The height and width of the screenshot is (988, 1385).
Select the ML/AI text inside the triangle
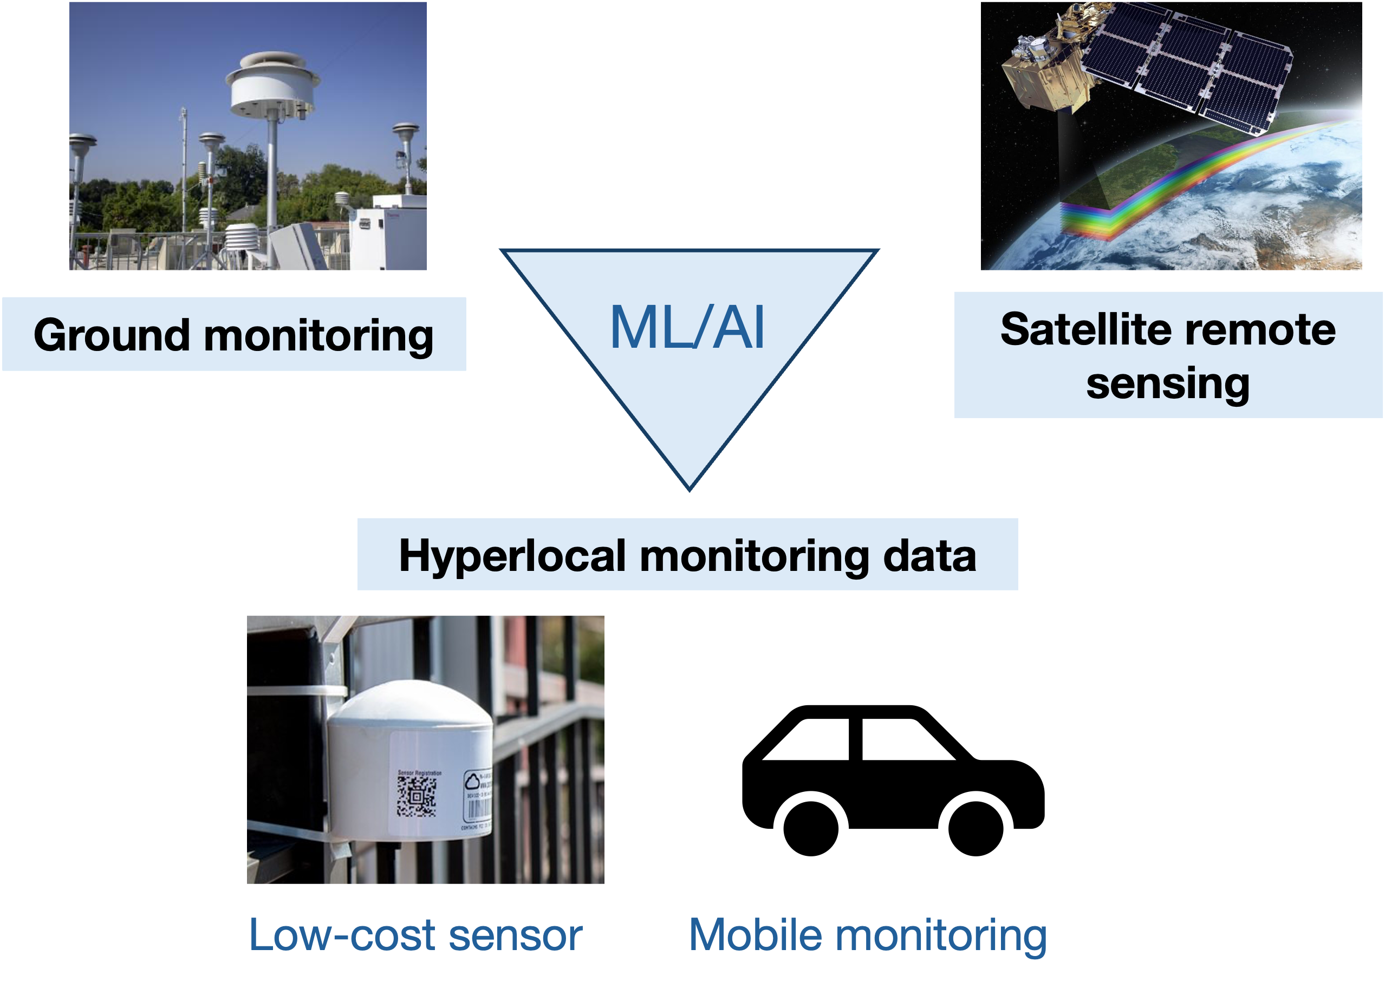coord(687,329)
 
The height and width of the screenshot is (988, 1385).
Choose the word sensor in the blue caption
coord(515,935)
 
